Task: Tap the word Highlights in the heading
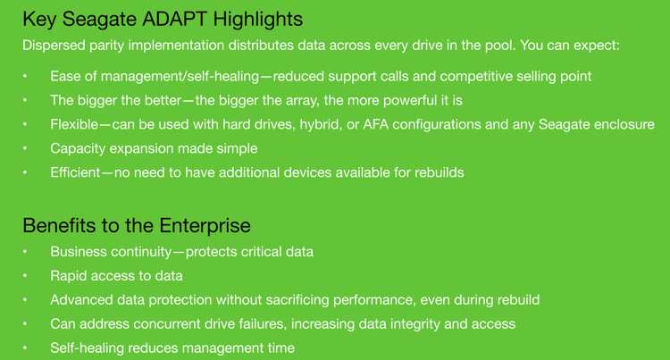(x=258, y=20)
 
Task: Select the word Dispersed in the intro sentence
(x=54, y=46)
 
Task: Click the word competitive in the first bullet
(x=476, y=77)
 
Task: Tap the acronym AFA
(x=375, y=124)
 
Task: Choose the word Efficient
(x=75, y=172)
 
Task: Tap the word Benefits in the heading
(x=59, y=225)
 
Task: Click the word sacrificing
(x=297, y=300)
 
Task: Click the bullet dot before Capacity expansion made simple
(x=25, y=148)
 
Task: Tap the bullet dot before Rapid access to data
(x=25, y=276)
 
